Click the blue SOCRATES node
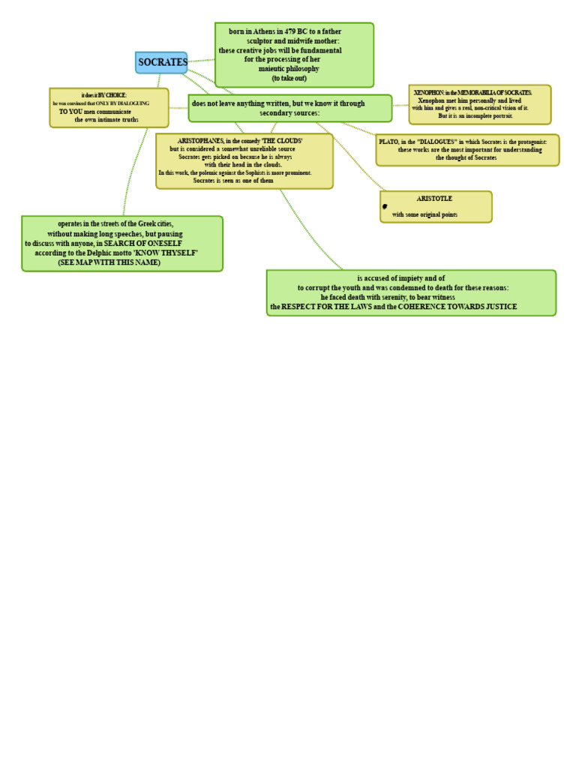pyautogui.click(x=162, y=62)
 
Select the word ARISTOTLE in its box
pyautogui.click(x=434, y=199)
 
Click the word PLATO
pyautogui.click(x=388, y=142)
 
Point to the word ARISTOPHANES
pyautogui.click(x=200, y=141)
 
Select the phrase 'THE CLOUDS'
pyautogui.click(x=282, y=141)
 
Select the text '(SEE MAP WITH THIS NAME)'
pyautogui.click(x=109, y=262)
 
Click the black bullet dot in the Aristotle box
pyautogui.click(x=385, y=206)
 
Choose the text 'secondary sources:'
pyautogui.click(x=289, y=113)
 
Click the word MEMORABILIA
pyautogui.click(x=481, y=92)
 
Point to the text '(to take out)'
pyautogui.click(x=289, y=78)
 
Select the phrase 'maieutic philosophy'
pyautogui.click(x=289, y=68)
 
